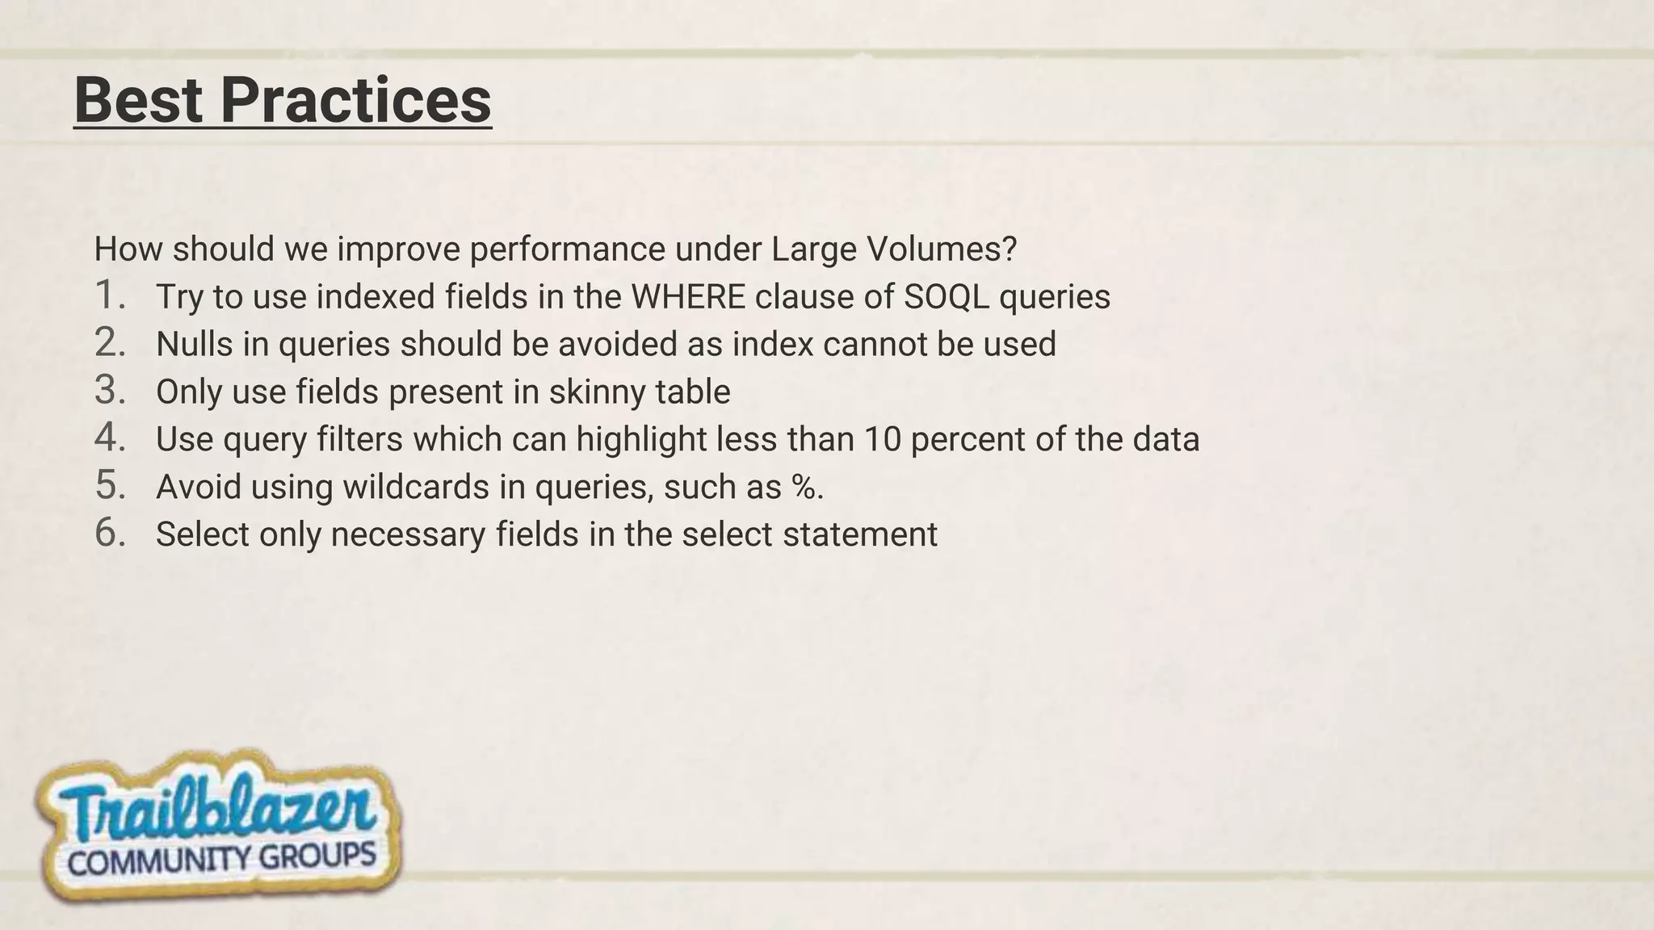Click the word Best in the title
coord(138,100)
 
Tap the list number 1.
coord(109,295)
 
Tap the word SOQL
coord(946,297)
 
